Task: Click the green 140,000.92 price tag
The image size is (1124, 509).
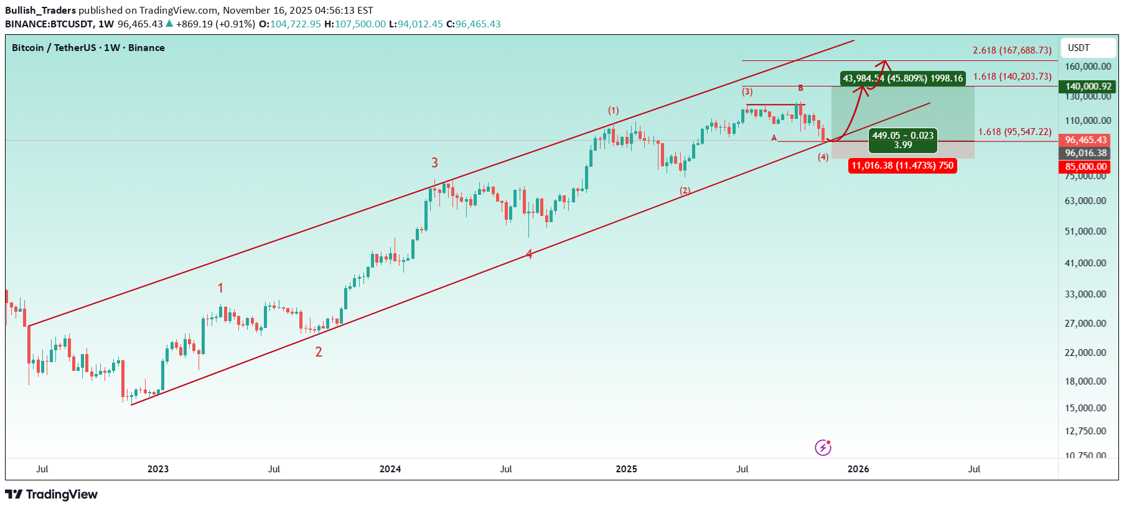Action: tap(1088, 86)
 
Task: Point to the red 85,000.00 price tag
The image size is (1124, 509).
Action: tap(1086, 167)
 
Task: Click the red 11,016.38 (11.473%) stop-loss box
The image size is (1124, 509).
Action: tap(902, 166)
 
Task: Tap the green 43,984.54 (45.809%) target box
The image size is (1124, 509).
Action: tap(902, 78)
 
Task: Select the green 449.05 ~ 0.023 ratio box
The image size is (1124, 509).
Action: tap(902, 140)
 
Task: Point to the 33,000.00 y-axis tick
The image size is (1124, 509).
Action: tap(1085, 294)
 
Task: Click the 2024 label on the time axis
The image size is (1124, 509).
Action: tap(390, 469)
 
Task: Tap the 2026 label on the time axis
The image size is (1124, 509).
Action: tap(858, 469)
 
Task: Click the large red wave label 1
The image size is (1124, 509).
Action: tap(220, 288)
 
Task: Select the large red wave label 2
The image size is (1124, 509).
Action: tap(319, 352)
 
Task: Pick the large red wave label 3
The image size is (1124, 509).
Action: tap(434, 163)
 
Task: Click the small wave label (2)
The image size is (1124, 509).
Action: tap(685, 190)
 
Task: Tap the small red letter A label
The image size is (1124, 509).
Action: tap(774, 138)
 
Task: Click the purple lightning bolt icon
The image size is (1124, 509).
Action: tap(823, 447)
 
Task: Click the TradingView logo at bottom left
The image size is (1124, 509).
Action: tap(52, 495)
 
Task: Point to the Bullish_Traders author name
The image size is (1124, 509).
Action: tap(40, 11)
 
